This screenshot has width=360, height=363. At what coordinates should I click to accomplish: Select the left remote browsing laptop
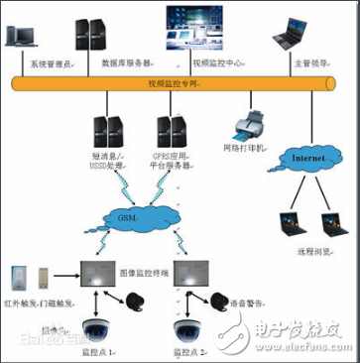pyautogui.click(x=289, y=222)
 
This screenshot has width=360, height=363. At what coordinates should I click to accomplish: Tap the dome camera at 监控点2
pyautogui.click(x=189, y=326)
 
